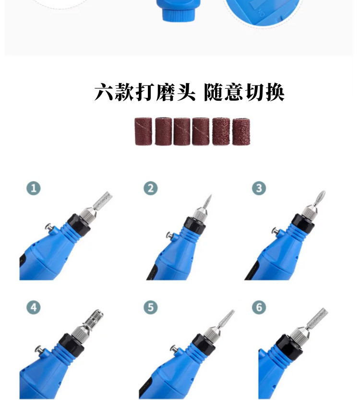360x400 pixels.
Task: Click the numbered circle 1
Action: [34, 188]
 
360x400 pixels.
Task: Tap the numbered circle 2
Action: [150, 188]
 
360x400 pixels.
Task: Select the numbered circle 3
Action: [259, 188]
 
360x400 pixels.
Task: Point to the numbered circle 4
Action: [34, 307]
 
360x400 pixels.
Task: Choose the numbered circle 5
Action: [150, 307]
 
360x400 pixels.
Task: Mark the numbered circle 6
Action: [259, 307]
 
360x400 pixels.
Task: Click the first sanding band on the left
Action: [143, 131]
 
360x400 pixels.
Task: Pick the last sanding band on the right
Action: [241, 131]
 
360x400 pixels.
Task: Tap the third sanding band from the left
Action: [182, 131]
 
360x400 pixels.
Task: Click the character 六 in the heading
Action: [104, 92]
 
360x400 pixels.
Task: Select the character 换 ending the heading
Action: [275, 92]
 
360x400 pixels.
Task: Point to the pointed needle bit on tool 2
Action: [207, 202]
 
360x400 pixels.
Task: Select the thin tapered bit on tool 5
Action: [226, 319]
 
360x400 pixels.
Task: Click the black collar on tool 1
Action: [79, 225]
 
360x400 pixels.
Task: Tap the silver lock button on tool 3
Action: [276, 231]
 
